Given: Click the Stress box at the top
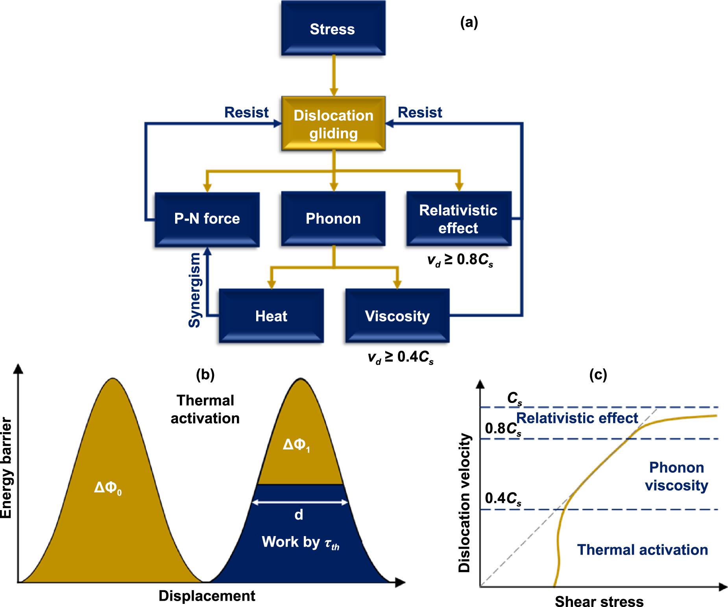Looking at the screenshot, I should pyautogui.click(x=333, y=28).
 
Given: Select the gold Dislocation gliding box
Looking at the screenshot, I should pyautogui.click(x=333, y=124).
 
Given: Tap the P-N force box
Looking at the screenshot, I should pyautogui.click(x=207, y=219).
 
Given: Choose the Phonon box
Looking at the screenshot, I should pyautogui.click(x=333, y=219).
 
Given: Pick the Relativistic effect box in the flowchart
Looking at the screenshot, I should pyautogui.click(x=458, y=219).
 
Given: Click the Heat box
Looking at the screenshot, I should pyautogui.click(x=271, y=316).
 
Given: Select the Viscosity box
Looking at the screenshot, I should pyautogui.click(x=397, y=316).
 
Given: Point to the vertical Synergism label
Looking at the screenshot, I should pyautogui.click(x=195, y=290).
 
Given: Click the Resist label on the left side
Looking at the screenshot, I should pyautogui.click(x=246, y=113).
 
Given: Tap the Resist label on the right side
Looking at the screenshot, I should pyautogui.click(x=420, y=113).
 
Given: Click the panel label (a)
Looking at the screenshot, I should pyautogui.click(x=469, y=22).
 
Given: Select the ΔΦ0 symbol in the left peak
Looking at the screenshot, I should pyautogui.click(x=108, y=488).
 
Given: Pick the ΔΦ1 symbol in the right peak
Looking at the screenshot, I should pyautogui.click(x=296, y=445).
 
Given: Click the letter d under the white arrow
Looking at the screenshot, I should pyautogui.click(x=299, y=515).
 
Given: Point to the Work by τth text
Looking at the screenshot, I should pyautogui.click(x=300, y=542).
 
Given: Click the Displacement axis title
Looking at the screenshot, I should pyautogui.click(x=207, y=596).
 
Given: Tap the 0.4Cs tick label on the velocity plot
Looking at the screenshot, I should pyautogui.click(x=503, y=499).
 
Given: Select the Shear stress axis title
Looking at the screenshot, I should pyautogui.click(x=599, y=601).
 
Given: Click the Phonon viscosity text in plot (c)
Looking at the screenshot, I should pyautogui.click(x=676, y=476).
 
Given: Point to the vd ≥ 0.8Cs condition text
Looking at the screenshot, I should pyautogui.click(x=460, y=260).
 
